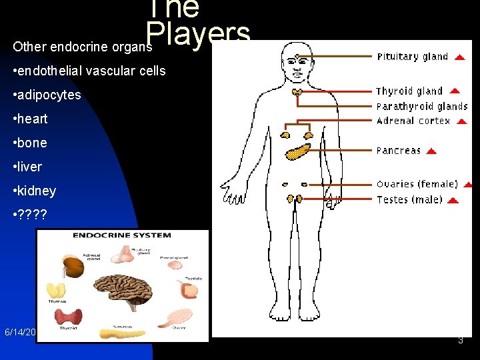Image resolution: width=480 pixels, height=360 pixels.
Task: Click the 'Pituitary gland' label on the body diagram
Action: pyautogui.click(x=412, y=57)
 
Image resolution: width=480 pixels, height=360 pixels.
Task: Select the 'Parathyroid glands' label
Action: pyautogui.click(x=421, y=107)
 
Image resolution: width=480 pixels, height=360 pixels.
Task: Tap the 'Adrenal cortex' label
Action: pyautogui.click(x=413, y=121)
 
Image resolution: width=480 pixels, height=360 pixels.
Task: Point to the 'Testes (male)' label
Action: pyautogui.click(x=409, y=200)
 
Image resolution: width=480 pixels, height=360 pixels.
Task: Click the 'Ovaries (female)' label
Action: pyautogui.click(x=417, y=185)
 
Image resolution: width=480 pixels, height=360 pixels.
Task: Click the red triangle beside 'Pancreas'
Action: pyautogui.click(x=431, y=151)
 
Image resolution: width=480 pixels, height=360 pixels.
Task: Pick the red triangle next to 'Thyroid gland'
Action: pyautogui.click(x=454, y=91)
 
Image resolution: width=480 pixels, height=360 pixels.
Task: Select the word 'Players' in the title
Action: pyautogui.click(x=198, y=34)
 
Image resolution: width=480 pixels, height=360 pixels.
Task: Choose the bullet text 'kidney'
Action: pyautogui.click(x=37, y=191)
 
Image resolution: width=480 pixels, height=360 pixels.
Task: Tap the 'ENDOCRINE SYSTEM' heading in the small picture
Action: pyautogui.click(x=122, y=235)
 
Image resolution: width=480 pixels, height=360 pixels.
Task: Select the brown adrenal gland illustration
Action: pyautogui.click(x=73, y=267)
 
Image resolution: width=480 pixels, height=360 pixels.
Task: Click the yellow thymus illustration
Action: pyautogui.click(x=56, y=291)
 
